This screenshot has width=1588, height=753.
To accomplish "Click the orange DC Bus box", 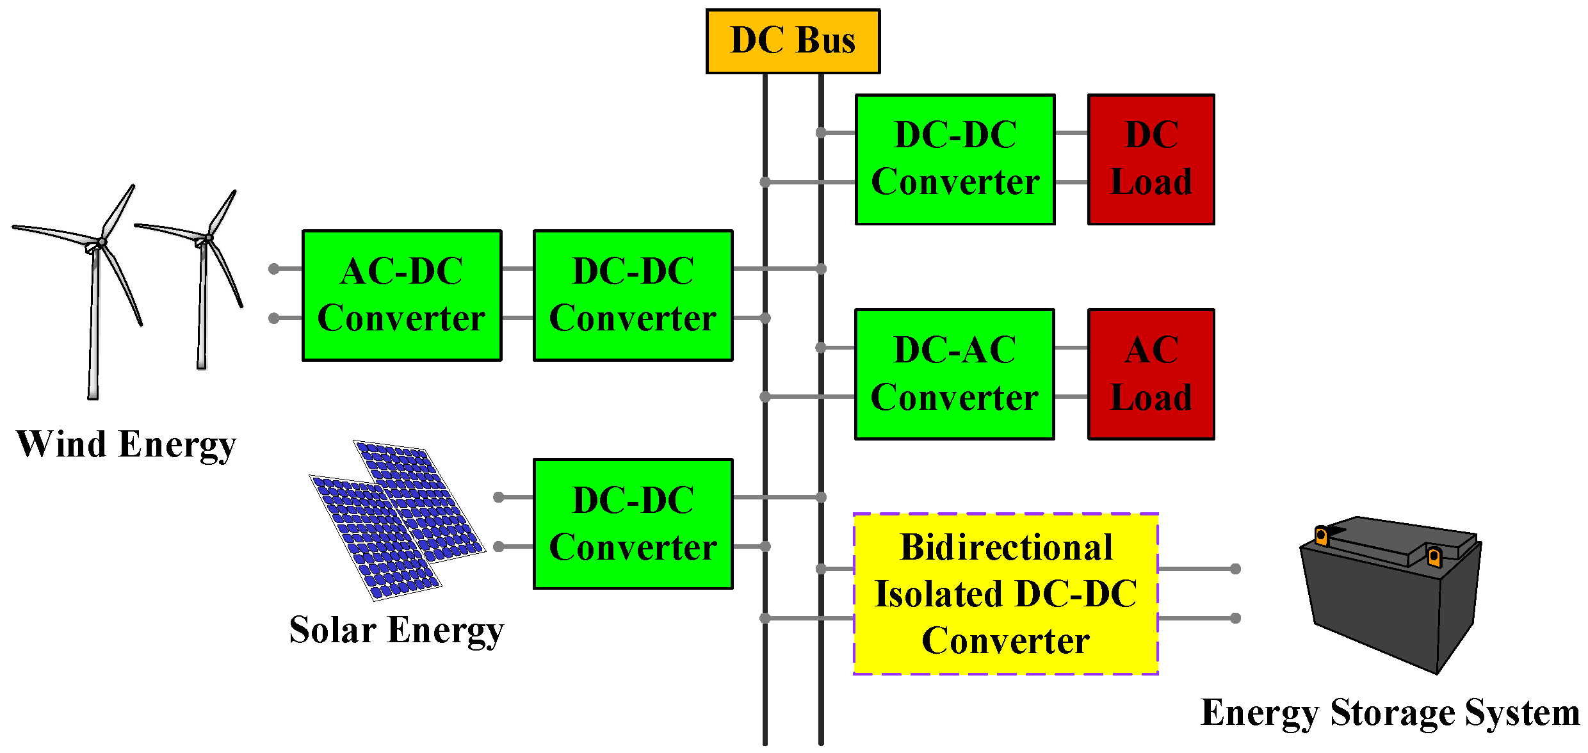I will point(793,41).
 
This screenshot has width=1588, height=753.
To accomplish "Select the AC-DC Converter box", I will point(401,295).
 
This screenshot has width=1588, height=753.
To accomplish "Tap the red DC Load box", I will point(1151,159).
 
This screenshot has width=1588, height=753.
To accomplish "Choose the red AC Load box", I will point(1151,374).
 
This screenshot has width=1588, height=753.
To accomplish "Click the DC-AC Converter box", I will point(954,374).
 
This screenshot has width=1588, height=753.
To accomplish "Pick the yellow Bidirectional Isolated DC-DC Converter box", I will point(1005,594).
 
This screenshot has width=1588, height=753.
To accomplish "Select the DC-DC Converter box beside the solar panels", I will point(633,523).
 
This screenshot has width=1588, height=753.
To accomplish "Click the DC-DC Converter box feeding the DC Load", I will point(955,159).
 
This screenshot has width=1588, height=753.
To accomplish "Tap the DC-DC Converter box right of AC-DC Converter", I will point(633,295).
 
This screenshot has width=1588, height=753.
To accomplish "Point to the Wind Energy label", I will point(126,445).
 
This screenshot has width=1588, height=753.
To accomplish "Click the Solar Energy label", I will point(396,631).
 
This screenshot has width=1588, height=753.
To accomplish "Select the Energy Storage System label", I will point(1390,713).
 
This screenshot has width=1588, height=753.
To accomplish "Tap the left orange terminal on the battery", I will point(1321,535).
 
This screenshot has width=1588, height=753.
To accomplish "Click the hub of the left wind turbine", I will point(101,242).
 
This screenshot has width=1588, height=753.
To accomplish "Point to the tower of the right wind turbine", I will point(203,307).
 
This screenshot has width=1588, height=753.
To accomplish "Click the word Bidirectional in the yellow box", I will point(1006,547).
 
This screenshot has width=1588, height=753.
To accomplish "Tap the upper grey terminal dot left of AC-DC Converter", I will point(274,269).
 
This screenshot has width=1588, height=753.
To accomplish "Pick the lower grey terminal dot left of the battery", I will point(1235,618).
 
